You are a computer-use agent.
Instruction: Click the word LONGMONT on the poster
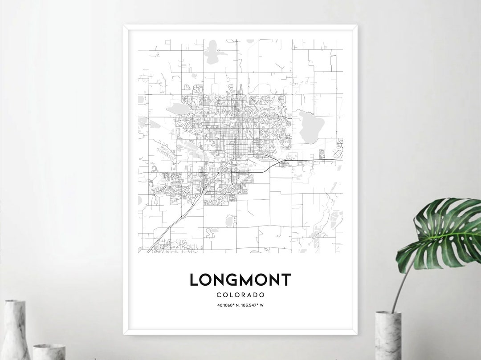click(x=240, y=280)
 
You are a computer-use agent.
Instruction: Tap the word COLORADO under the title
click(x=240, y=295)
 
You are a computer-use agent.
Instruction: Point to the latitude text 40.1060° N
click(x=225, y=305)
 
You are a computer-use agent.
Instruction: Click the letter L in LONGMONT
click(x=194, y=280)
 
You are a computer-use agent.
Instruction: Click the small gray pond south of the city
click(x=230, y=220)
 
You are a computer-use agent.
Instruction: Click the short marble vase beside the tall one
click(x=49, y=352)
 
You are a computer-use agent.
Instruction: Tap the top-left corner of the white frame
click(x=125, y=28)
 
